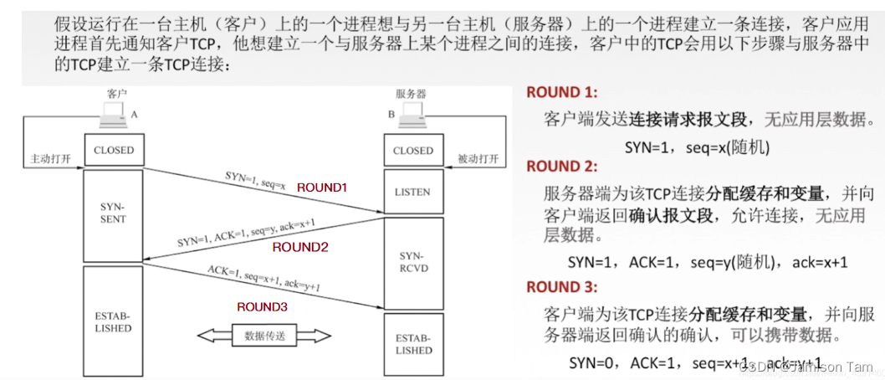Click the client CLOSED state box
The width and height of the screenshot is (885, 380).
pos(114,151)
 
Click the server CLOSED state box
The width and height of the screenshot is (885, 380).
pos(413,151)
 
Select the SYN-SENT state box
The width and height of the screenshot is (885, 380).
pos(114,213)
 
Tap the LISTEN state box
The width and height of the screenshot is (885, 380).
pos(413,192)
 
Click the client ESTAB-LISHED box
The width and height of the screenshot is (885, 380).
pos(114,322)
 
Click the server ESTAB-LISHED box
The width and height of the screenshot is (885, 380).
pos(413,343)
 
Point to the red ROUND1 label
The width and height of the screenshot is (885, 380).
pos(321,188)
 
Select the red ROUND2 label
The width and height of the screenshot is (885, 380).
pos(300,248)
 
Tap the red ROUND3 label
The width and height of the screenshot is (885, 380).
pos(262,307)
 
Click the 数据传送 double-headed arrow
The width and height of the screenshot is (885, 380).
pos(264,336)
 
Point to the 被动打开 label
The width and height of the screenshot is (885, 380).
pos(478,158)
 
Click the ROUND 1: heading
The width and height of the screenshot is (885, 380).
pos(562,93)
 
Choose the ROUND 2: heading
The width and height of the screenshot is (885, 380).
pos(562,167)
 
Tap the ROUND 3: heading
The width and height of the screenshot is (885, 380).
pos(562,287)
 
